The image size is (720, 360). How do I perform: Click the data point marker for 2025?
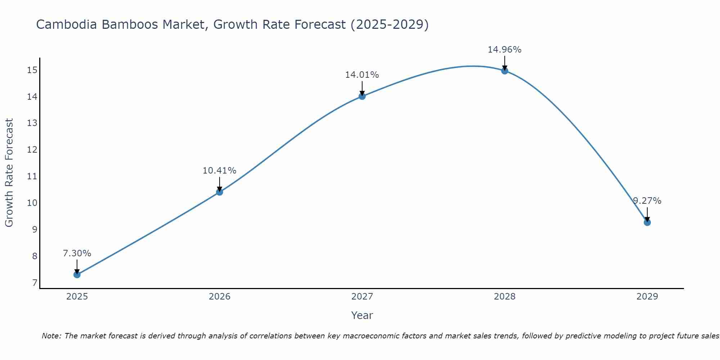77,275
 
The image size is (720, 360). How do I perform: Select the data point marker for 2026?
220,192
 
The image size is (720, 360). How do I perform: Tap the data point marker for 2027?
362,96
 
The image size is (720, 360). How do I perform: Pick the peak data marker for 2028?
505,71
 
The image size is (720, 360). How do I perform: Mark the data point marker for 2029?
647,222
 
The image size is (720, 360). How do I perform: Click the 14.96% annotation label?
504,50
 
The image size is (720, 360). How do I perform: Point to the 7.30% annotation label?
77,253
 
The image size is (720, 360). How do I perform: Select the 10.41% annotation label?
219,171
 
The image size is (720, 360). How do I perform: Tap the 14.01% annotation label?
362,75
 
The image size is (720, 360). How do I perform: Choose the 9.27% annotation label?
647,201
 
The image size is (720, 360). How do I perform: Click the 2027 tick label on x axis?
362,297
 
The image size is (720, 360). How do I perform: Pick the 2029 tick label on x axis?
647,297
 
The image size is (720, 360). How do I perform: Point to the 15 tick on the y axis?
32,70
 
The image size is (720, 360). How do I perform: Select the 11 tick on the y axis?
32,176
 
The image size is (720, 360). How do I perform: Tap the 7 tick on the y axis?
35,283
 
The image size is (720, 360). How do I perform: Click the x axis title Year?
362,315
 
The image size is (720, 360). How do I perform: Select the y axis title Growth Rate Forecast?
9,173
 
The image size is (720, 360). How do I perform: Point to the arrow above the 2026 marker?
220,184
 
